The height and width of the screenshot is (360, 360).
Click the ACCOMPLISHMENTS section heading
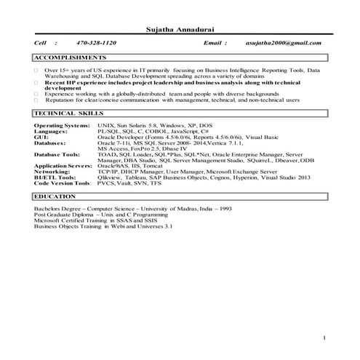pyautogui.click(x=70, y=57)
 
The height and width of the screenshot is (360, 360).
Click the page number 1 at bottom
pyautogui.click(x=324, y=339)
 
